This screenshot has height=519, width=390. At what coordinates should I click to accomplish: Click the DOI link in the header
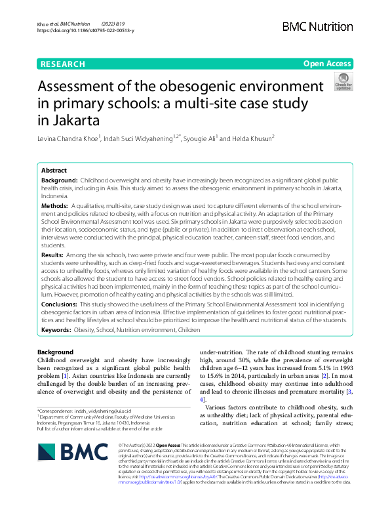click(86, 31)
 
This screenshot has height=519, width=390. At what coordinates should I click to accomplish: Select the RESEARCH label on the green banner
click(62, 64)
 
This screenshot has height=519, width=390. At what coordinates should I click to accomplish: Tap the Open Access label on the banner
click(327, 64)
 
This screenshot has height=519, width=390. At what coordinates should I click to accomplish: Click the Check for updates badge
click(343, 83)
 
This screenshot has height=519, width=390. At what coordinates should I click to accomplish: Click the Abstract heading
click(55, 169)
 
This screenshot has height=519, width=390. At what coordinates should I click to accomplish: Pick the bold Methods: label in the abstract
click(58, 205)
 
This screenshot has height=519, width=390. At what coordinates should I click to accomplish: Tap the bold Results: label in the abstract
click(56, 253)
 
